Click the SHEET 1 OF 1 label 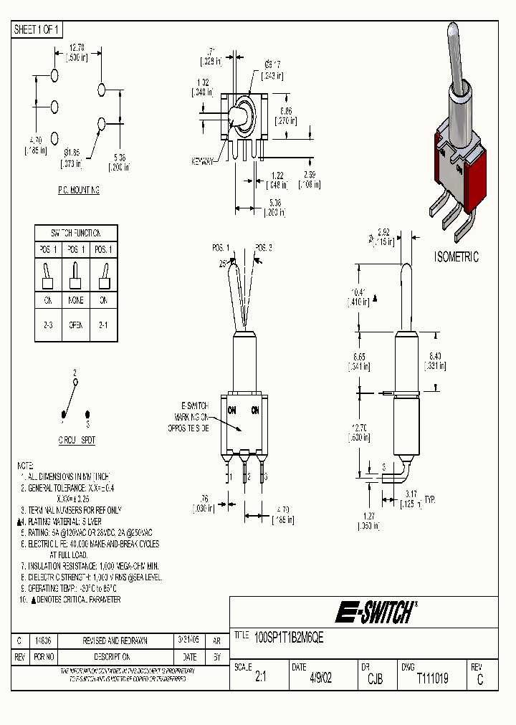(38, 29)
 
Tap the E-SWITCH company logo (376, 613)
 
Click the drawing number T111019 (432, 678)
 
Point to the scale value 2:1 (260, 678)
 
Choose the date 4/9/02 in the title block (320, 678)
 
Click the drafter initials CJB (375, 678)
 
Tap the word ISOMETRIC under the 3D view (457, 257)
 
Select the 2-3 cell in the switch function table (49, 325)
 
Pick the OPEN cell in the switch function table (76, 325)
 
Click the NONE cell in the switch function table (76, 302)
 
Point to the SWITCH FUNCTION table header (76, 233)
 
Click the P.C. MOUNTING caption (78, 191)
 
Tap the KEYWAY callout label (203, 161)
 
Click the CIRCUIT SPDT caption (77, 441)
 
